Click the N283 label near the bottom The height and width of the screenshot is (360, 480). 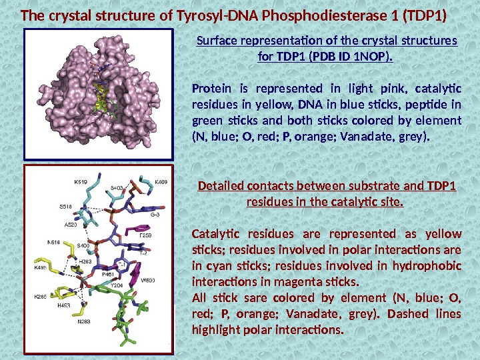point(83,321)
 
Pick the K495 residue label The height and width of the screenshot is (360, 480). point(41,267)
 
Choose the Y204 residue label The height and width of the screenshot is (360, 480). point(116,285)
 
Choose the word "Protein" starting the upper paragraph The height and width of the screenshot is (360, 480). point(211,88)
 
